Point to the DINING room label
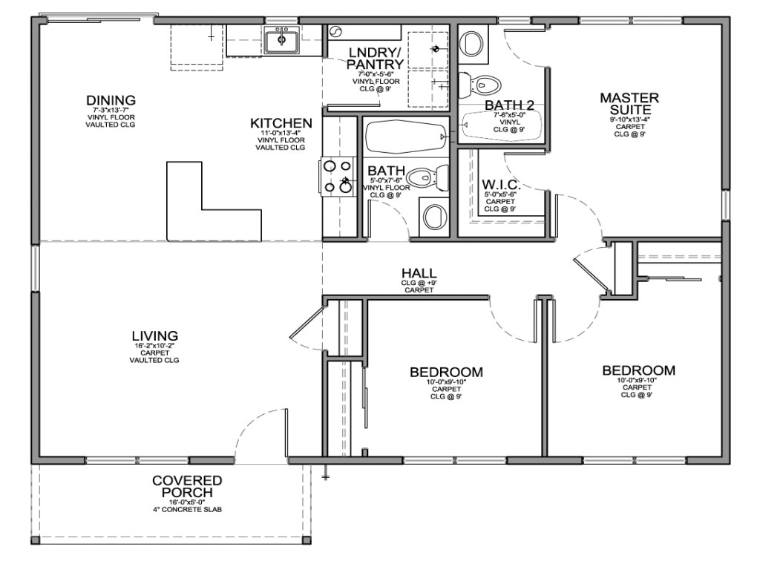pyautogui.click(x=111, y=100)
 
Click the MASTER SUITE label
pyautogui.click(x=629, y=103)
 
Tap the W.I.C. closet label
pyautogui.click(x=501, y=184)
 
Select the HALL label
pyautogui.click(x=419, y=273)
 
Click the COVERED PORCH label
pyautogui.click(x=186, y=486)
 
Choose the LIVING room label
pyautogui.click(x=154, y=336)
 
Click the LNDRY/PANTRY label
pyautogui.click(x=374, y=58)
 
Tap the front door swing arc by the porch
pyautogui.click(x=256, y=430)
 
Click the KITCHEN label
pyautogui.click(x=281, y=122)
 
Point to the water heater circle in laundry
pyautogui.click(x=334, y=32)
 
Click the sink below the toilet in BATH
pyautogui.click(x=433, y=217)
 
